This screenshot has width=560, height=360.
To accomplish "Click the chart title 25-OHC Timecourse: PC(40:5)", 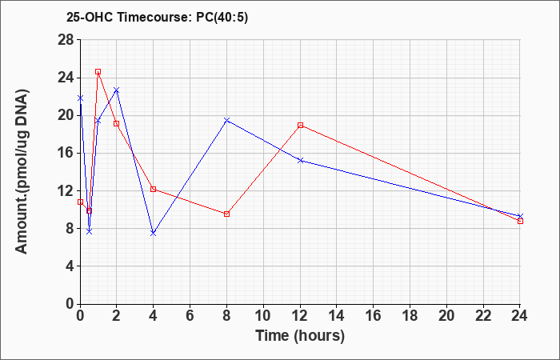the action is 157,18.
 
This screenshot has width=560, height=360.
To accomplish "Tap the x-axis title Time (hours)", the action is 300,336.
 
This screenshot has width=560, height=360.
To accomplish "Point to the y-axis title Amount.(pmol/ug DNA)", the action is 22,171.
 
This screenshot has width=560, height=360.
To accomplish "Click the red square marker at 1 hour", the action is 98,72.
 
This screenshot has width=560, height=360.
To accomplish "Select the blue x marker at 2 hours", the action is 117,90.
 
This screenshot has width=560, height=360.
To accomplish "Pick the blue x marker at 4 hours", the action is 154,234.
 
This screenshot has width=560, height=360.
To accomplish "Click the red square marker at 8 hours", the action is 226,214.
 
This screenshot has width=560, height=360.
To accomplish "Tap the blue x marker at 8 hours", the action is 226,120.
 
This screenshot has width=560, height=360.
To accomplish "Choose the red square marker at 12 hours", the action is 300,126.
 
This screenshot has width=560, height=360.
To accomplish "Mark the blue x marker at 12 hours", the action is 300,160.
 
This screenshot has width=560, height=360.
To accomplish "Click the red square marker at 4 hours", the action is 154,189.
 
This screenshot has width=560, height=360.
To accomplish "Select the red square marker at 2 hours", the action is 117,123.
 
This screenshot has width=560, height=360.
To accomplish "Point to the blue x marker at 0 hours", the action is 80,98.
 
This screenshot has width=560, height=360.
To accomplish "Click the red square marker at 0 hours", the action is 80,202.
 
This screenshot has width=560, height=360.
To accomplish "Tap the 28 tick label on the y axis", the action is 66,40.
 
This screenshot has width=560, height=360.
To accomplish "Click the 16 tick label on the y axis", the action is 66,154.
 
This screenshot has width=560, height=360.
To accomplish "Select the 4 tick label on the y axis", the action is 70,266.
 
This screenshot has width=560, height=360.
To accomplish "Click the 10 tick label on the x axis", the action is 263,316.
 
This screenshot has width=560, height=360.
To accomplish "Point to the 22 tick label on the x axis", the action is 483,316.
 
